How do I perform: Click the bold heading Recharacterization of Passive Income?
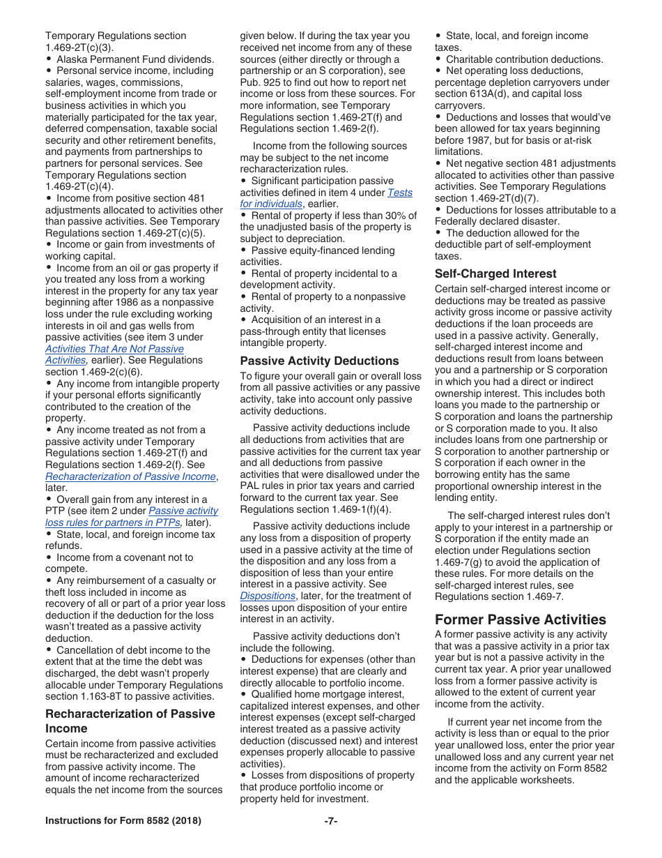[x=130, y=721]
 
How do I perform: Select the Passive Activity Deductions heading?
[x=319, y=361]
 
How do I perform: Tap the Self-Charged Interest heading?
[x=495, y=273]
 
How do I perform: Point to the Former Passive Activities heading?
[x=520, y=619]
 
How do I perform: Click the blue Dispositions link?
[x=268, y=596]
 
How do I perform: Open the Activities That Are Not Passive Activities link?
[x=114, y=354]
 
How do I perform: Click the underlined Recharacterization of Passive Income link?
[x=130, y=476]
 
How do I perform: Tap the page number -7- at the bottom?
[x=330, y=821]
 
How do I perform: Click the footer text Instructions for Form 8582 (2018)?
[x=123, y=821]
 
